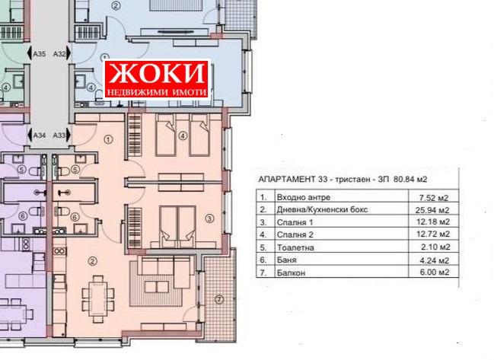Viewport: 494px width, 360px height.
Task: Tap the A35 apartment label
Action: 40,53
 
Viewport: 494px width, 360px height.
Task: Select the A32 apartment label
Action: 61,53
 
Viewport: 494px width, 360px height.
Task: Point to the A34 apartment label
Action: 40,135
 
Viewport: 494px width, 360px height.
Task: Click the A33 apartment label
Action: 61,135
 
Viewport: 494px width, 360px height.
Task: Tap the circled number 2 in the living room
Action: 92,262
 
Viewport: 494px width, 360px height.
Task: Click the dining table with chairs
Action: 97,292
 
